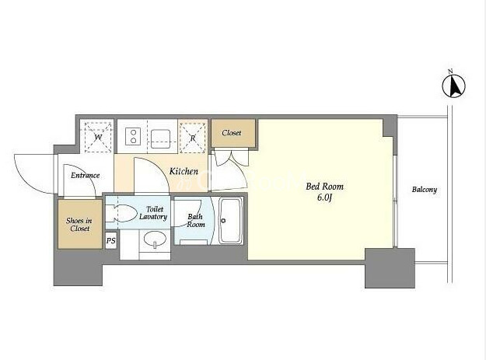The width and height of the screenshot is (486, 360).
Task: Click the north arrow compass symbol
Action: point(454,86)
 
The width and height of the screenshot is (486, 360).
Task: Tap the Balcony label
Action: point(425,190)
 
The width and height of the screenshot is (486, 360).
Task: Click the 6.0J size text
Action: point(324,198)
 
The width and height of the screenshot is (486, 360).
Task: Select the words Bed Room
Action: point(324,187)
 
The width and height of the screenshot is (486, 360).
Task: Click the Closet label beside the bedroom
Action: point(232,133)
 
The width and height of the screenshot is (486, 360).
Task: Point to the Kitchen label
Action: point(184,171)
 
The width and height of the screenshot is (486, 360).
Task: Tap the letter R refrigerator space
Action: point(193,138)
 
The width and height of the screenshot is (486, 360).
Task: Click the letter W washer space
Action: point(98,137)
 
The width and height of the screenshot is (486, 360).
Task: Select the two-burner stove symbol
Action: point(133,136)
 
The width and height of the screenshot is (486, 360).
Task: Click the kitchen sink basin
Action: point(160,137)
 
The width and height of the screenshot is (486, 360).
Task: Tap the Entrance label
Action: point(86,176)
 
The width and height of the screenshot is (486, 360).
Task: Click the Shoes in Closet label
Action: point(79,225)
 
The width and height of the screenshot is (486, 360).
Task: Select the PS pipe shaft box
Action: point(111,240)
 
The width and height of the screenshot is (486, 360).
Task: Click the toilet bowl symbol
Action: point(122,214)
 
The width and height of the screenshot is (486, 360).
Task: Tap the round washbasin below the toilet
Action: point(155,239)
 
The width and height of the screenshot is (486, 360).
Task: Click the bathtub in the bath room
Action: point(231,221)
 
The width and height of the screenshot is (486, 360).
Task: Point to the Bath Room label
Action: point(196,220)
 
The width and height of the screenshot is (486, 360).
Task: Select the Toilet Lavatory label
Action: point(153,213)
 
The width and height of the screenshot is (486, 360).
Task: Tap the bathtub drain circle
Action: point(223,221)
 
